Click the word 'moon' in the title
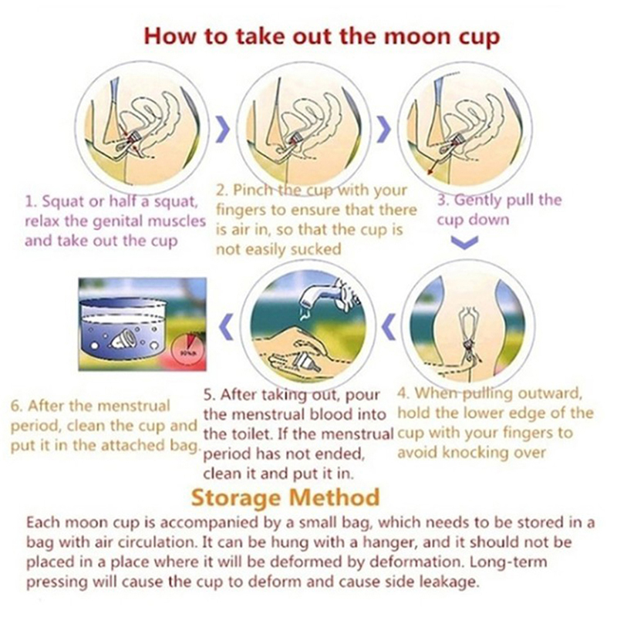[416, 36]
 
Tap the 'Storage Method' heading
[285, 497]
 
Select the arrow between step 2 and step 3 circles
[384, 130]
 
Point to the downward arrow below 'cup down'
[464, 242]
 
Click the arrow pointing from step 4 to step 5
[389, 326]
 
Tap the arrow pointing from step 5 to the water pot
[225, 326]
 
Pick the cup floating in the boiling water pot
[126, 339]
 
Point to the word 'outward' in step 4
[549, 393]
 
